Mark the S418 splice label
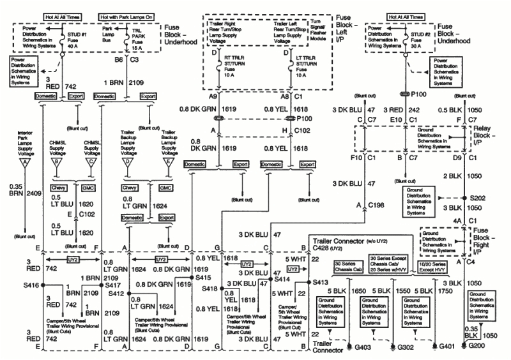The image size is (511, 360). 208,289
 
